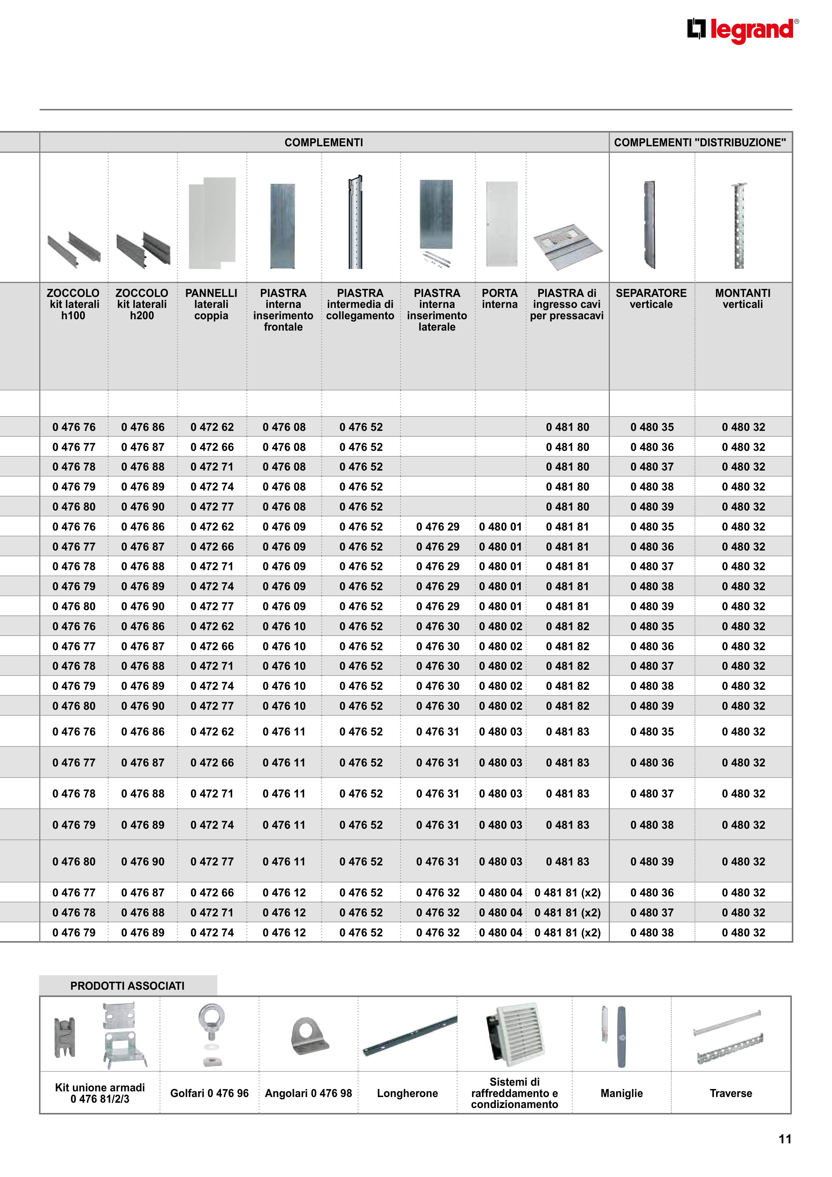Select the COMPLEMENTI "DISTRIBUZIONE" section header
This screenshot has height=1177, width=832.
(700, 143)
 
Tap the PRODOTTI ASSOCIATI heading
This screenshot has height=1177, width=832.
(128, 986)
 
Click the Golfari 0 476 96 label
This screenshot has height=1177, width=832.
(209, 1093)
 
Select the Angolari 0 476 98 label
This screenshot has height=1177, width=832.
(308, 1093)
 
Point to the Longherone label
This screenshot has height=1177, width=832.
(408, 1093)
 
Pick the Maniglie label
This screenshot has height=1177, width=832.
(621, 1093)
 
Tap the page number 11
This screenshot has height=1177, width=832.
(785, 1139)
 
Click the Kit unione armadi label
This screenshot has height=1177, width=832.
(100, 1093)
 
